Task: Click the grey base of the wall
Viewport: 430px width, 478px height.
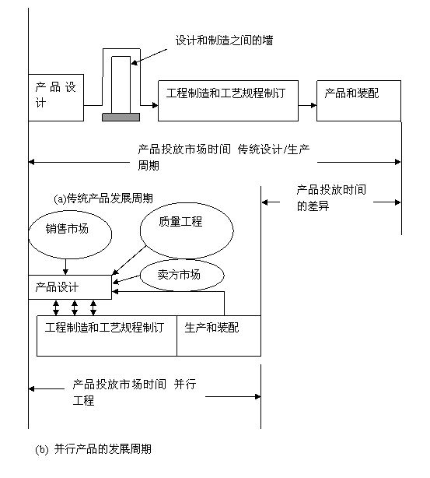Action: click(x=121, y=117)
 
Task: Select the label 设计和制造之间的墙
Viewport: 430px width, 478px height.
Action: click(x=224, y=40)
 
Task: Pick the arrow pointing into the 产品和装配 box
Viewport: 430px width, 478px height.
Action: click(x=308, y=105)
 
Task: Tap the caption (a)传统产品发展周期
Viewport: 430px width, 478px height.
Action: click(x=103, y=199)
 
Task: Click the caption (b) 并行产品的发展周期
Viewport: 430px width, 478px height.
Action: click(x=93, y=449)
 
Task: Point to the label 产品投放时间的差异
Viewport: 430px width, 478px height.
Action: click(x=331, y=198)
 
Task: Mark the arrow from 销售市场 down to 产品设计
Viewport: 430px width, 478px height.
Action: click(x=65, y=267)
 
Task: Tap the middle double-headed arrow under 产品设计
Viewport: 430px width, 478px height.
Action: click(x=75, y=308)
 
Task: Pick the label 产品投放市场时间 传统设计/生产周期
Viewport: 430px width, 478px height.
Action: click(x=224, y=157)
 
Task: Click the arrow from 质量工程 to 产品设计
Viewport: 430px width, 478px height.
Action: click(x=129, y=261)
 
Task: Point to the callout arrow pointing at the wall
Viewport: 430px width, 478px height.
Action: click(x=149, y=57)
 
